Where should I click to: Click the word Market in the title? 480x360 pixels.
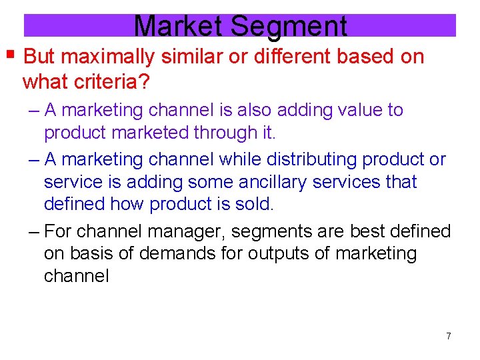(x=179, y=26)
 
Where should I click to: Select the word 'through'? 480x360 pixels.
(x=224, y=133)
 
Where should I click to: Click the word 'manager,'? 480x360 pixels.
(x=186, y=232)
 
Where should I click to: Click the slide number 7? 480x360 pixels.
(x=448, y=336)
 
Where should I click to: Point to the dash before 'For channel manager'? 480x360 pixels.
(x=36, y=232)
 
